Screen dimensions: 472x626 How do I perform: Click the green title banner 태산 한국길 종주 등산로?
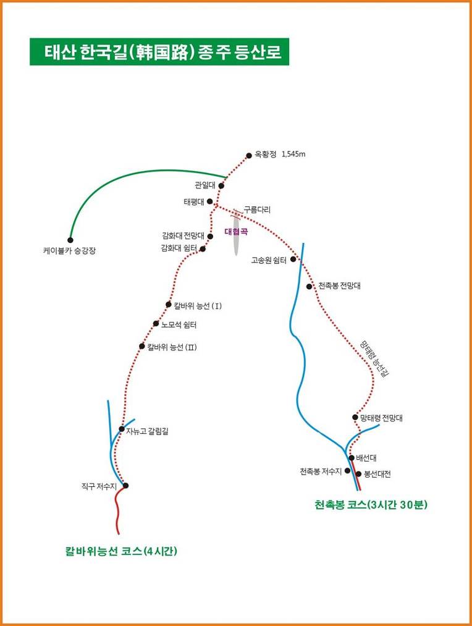pos(159,51)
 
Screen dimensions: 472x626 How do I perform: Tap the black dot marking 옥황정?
pos(249,155)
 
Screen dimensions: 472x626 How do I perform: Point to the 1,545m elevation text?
pos(293,154)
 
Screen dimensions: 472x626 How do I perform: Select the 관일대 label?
pos(204,185)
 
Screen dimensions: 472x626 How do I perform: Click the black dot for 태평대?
pos(210,201)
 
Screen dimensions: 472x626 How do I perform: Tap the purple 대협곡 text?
pos(236,231)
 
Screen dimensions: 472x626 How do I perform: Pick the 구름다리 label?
pos(258,209)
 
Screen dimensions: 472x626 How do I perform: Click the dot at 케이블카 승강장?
pos(70,240)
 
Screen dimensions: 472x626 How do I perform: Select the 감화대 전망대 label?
pos(183,235)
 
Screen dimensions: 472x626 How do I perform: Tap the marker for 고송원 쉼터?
pos(293,259)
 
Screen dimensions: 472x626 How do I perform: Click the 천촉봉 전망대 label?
pos(340,286)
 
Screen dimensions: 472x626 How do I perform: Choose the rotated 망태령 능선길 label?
pos(374,358)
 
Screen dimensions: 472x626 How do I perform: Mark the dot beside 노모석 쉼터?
pos(156,323)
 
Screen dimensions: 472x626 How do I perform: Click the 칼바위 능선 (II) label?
pos(172,347)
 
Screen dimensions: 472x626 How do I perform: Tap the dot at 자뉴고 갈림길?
pos(122,429)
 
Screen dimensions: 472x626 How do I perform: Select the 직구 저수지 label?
pos(99,487)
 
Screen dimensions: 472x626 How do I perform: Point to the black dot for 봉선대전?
pos(358,474)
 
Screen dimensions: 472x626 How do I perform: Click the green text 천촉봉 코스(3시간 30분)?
pos(371,505)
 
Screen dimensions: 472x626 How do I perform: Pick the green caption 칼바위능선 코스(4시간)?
pos(121,551)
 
